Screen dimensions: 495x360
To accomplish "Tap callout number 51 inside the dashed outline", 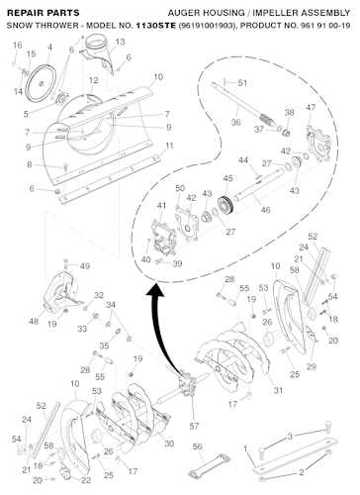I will pos(243,80).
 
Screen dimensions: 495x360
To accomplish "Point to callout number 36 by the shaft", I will pos(235,122).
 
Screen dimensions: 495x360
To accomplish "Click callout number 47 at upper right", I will pos(311,107).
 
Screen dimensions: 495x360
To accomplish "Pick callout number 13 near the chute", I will pos(120,43).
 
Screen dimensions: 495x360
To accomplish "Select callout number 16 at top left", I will pos(17,47).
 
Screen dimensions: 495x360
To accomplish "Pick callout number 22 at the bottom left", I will pos(87,480).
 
